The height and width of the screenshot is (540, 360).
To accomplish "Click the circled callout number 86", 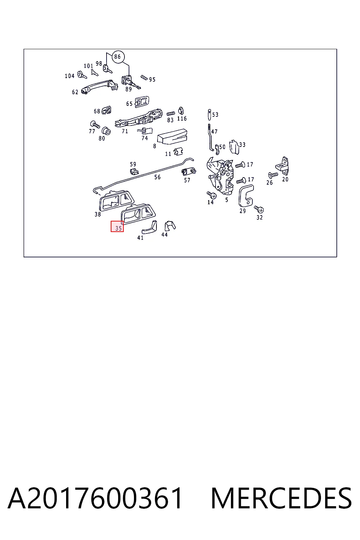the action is tap(117, 57).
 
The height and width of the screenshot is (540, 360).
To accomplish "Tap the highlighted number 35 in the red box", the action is tap(118, 228).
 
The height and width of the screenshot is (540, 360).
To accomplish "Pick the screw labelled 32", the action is tap(259, 209).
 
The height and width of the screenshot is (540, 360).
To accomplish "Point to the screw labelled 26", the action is tap(273, 175).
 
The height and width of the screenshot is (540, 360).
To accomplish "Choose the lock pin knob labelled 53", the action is tap(209, 114).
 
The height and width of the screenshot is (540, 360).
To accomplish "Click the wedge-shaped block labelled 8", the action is tap(172, 137).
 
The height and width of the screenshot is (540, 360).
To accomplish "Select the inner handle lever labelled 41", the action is tap(150, 227).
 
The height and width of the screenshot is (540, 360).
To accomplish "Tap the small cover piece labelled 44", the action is tap(170, 226).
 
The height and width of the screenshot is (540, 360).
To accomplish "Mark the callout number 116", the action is tap(182, 118).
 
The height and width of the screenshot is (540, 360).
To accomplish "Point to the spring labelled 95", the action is tap(144, 78).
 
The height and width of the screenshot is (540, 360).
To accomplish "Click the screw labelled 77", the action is tap(95, 125).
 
